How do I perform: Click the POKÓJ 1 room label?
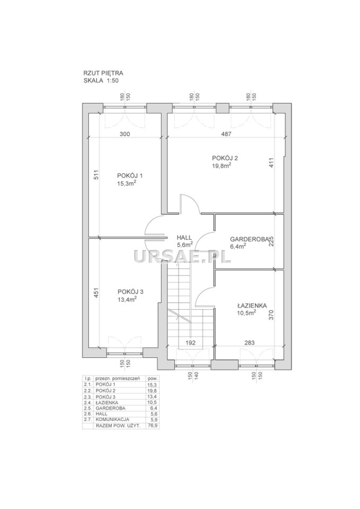[x=130, y=175]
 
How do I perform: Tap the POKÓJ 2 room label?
[x=225, y=158]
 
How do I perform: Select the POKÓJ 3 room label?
[x=130, y=292]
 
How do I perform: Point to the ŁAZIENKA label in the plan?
[x=252, y=305]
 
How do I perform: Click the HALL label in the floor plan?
[x=185, y=238]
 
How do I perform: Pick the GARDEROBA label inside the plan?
[x=249, y=239]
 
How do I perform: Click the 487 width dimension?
[x=226, y=134]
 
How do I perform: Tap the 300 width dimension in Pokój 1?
[x=125, y=134]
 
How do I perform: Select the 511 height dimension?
[x=96, y=175]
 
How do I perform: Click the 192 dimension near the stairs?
[x=190, y=343]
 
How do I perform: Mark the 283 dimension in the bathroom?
[x=250, y=343]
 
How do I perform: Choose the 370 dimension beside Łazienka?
[x=271, y=315]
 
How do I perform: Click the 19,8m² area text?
[x=222, y=165]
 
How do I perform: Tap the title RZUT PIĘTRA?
[x=103, y=73]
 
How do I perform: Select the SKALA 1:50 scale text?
[x=101, y=81]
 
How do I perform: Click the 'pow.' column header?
[x=152, y=379]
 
